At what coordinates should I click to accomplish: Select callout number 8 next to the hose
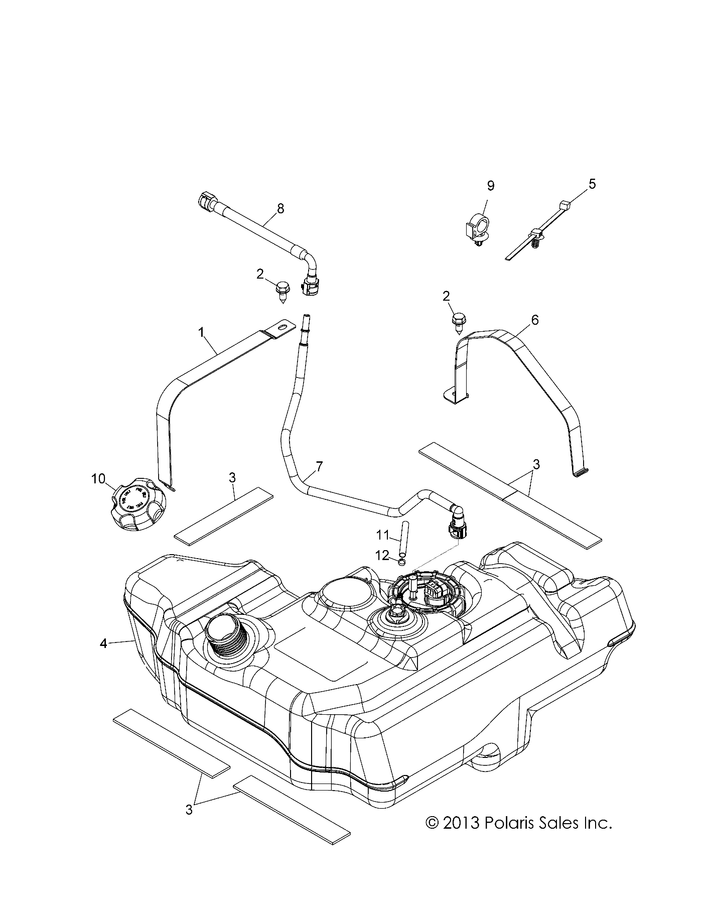[280, 208]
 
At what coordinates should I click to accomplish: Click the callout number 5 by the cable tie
[592, 184]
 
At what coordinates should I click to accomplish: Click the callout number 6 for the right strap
[535, 319]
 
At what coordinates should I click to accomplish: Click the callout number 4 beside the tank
[103, 643]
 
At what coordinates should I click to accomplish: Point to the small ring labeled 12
[402, 561]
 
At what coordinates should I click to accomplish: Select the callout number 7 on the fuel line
[319, 466]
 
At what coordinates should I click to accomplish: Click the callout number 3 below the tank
[189, 810]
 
